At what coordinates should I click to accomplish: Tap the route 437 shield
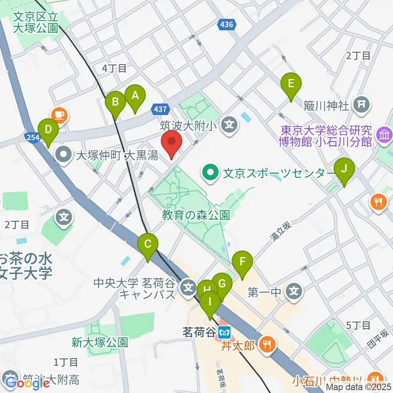[160, 109]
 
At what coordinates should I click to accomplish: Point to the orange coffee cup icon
[60, 115]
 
